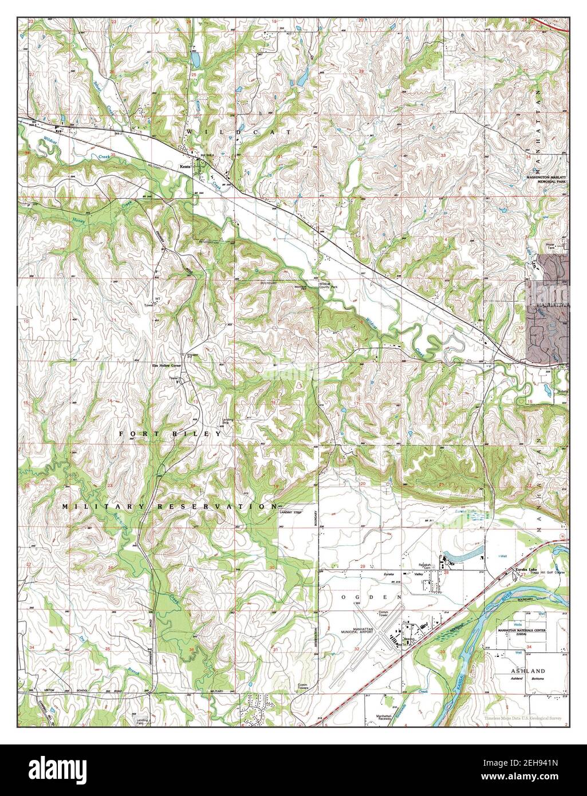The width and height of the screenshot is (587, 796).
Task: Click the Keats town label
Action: point(185,167)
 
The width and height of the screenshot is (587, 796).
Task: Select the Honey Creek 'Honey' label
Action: point(80,219)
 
